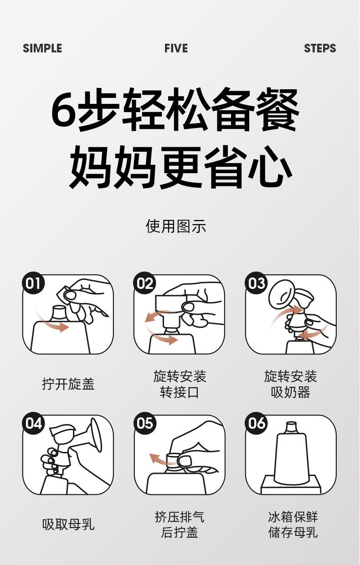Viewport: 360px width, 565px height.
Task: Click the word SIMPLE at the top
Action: (42, 48)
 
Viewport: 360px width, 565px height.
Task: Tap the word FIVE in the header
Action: (176, 48)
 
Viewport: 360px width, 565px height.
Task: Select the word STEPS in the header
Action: (320, 48)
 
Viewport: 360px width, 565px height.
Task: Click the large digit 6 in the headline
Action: (64, 110)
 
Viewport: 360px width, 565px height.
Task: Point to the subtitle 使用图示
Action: (176, 226)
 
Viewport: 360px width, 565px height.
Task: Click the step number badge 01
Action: (33, 283)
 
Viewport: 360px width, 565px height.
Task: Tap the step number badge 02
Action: (145, 283)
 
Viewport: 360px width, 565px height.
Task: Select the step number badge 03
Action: (256, 283)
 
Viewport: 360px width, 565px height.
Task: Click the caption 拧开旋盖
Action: (68, 384)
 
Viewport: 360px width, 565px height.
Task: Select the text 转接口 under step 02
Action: (180, 392)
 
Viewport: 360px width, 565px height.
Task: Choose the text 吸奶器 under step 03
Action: (291, 392)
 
